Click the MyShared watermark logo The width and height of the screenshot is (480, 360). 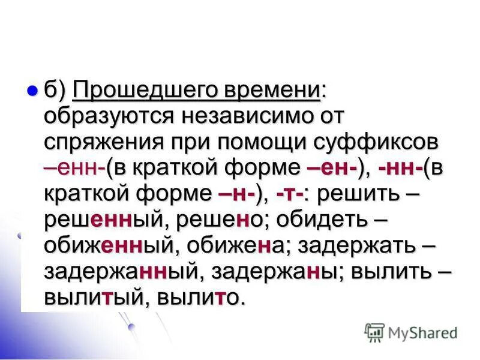pos(410,332)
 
